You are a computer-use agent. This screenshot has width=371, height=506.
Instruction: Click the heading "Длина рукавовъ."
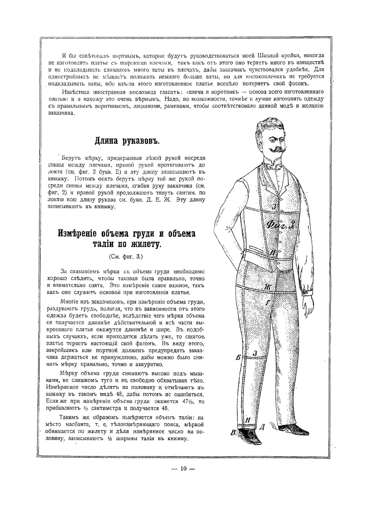coord(127,141)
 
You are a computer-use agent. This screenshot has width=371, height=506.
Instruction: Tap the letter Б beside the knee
coord(238,358)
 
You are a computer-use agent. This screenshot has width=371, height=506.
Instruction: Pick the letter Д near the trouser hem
coord(262,427)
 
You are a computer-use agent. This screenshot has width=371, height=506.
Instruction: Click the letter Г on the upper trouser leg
coord(268,303)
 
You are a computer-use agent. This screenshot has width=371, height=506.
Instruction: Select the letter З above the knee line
coord(255,354)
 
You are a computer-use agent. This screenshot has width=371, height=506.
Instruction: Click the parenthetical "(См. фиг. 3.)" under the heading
coord(126,256)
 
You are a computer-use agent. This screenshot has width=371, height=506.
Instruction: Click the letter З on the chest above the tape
coord(273,207)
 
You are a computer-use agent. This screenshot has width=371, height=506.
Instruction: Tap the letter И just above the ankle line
coord(249,420)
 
